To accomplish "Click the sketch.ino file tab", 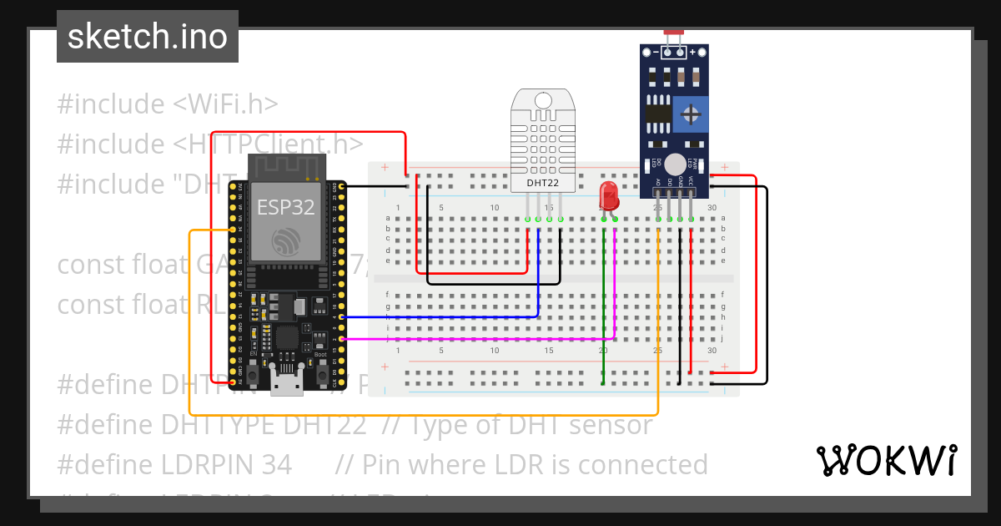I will (x=148, y=37).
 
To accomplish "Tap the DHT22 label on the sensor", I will (x=542, y=182).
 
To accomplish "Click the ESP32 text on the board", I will (x=285, y=208).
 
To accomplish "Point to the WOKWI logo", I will (x=886, y=461).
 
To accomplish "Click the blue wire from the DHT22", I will (x=539, y=276).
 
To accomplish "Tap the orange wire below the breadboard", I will (x=417, y=414).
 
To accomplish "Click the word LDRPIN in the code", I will (x=249, y=464).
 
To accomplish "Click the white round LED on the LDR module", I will (x=675, y=164).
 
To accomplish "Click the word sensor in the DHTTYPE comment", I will (x=610, y=425).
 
